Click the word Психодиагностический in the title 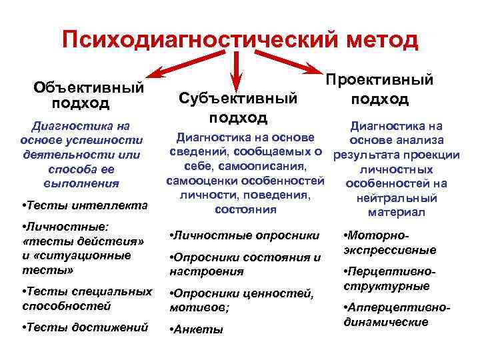200,39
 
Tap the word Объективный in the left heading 89,87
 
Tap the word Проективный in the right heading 379,80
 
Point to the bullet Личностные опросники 245,235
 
